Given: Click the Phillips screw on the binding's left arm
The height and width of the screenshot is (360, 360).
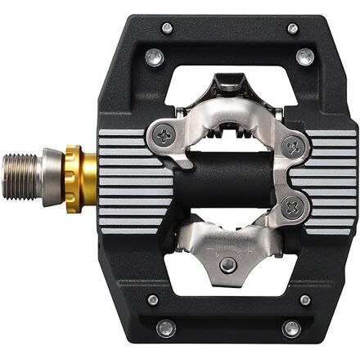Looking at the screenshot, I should coord(164,137).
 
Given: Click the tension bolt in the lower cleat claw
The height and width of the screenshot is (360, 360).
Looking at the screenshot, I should coord(227,263).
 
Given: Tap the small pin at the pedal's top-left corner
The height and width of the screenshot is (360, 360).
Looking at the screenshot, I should coord(166,28).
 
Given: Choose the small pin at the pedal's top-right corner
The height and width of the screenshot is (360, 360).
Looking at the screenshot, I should coord(292,28).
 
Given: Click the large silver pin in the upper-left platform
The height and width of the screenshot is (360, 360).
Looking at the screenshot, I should coord(153,57).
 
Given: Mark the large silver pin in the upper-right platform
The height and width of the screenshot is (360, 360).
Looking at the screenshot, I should coord(305,56).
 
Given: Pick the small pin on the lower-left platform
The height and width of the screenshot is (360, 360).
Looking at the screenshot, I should coord(153,299).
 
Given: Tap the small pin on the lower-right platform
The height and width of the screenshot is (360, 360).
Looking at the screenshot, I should coord(304,299).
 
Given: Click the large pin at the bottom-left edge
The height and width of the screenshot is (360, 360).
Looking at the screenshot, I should coord(166,328).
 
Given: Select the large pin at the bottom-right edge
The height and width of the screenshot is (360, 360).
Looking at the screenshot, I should coord(291,328).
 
